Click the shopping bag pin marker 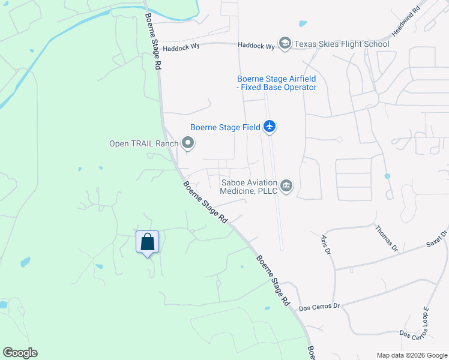pyautogui.click(x=148, y=242)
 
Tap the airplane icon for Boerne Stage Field pyautogui.click(x=270, y=127)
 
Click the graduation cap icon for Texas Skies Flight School pyautogui.click(x=285, y=44)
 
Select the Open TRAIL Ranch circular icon pyautogui.click(x=188, y=143)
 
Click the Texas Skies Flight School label pyautogui.click(x=342, y=44)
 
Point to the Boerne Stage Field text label pyautogui.click(x=225, y=127)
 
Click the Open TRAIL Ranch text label pyautogui.click(x=143, y=143)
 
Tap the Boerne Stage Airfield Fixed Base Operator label pyautogui.click(x=276, y=83)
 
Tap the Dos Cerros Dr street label pyautogui.click(x=319, y=306)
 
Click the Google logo pyautogui.click(x=20, y=353)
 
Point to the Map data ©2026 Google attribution pyautogui.click(x=411, y=355)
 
